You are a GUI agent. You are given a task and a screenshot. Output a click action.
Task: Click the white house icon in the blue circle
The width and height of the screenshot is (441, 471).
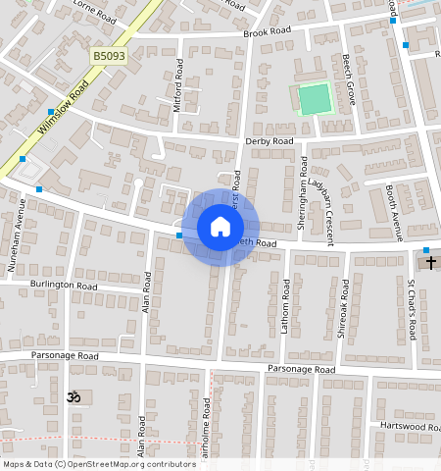point(220,228)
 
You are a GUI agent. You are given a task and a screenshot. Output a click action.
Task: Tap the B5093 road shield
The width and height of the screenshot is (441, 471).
point(109,58)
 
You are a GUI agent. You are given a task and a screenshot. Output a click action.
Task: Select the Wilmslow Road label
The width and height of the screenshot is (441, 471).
point(64,109)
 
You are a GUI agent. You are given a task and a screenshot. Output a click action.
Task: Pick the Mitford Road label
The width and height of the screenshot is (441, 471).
point(178,84)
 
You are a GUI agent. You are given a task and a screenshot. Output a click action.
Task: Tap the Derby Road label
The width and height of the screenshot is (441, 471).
point(269,141)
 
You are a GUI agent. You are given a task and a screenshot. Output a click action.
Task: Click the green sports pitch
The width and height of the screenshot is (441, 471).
point(315,99)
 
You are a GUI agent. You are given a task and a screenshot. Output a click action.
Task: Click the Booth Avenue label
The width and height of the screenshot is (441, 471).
point(394,212)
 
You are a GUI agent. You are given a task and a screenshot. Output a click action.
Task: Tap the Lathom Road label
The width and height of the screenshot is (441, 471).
point(286,306)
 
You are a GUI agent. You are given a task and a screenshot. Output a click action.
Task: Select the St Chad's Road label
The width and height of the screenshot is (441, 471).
point(413,308)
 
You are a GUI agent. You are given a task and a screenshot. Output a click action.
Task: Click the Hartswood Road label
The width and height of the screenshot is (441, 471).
point(409,426)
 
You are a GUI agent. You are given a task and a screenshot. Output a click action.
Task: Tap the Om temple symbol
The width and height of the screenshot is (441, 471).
point(71,396)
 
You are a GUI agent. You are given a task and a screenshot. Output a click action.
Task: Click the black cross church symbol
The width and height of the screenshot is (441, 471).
point(429,263)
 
